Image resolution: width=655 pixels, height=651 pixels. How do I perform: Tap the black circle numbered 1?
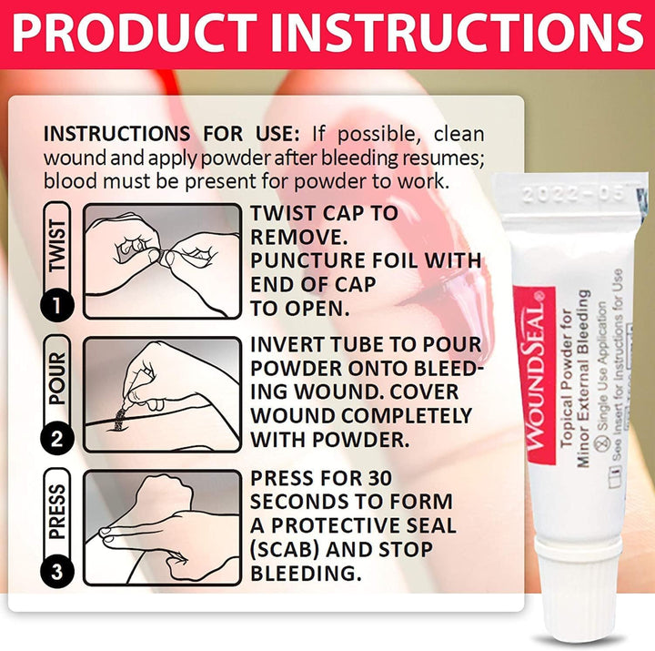tap(57, 303)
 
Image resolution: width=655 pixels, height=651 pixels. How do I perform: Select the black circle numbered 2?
tap(57, 438)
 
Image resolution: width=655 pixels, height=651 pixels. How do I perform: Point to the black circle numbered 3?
tap(57, 571)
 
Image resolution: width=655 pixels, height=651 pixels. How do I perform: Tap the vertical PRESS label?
tap(57, 509)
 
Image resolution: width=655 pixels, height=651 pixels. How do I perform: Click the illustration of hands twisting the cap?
tap(162, 260)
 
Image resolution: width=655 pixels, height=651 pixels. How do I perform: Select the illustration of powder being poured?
tap(162, 394)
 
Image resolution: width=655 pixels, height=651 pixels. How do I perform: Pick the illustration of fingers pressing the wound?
tap(162, 527)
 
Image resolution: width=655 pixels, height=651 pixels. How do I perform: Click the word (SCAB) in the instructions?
tap(289, 550)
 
